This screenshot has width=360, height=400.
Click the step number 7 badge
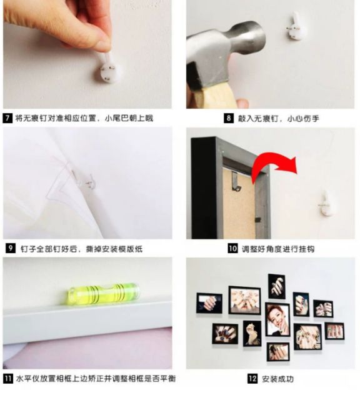7,118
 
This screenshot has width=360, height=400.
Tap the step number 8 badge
229,118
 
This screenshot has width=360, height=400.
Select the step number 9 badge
10,248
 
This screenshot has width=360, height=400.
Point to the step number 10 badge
232,248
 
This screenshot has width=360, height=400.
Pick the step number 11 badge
8,379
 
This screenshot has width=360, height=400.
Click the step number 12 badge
252,379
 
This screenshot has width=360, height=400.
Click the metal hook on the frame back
236,181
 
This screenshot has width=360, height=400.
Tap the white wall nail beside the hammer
297,26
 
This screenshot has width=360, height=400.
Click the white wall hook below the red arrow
325,204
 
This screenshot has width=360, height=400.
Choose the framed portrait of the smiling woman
277,319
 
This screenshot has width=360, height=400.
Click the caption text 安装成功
277,379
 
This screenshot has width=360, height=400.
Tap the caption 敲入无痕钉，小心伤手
278,118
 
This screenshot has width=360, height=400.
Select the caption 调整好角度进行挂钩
278,249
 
